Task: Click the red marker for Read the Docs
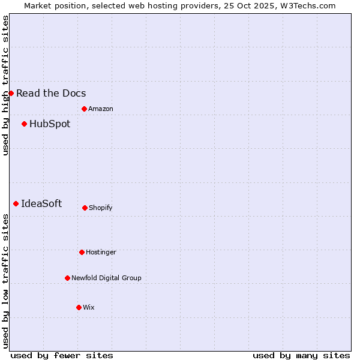tap(11, 93)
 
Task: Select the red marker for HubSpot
tap(24, 124)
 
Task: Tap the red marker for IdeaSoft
tap(16, 203)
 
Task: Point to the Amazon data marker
tap(84, 109)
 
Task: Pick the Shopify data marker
tap(85, 208)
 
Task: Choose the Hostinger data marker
tap(82, 252)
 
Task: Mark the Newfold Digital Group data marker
tap(67, 278)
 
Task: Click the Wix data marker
tap(79, 307)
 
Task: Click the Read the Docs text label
tap(51, 93)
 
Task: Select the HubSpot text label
tap(50, 124)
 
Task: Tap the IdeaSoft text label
tap(41, 203)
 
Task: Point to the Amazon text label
tap(101, 109)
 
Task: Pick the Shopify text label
tap(101, 208)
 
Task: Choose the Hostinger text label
tap(101, 252)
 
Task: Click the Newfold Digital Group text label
tap(106, 278)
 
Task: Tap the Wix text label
tap(89, 307)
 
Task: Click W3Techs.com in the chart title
tap(307, 5)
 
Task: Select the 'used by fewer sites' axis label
tap(62, 355)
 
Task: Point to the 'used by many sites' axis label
tap(301, 355)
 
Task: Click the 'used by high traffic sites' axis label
tap(5, 85)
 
